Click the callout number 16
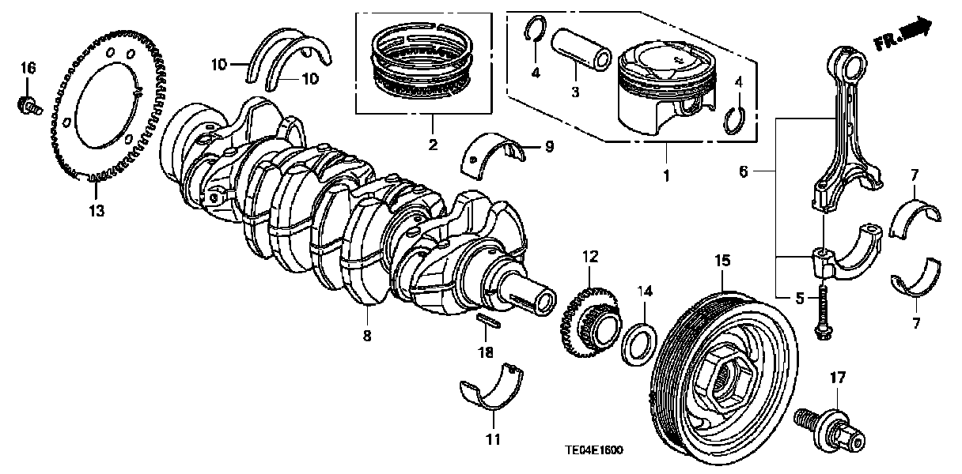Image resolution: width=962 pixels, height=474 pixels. [x=28, y=70]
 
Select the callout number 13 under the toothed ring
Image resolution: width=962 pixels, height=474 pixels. [x=96, y=211]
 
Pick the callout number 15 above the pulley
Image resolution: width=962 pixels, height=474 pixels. [x=723, y=258]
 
